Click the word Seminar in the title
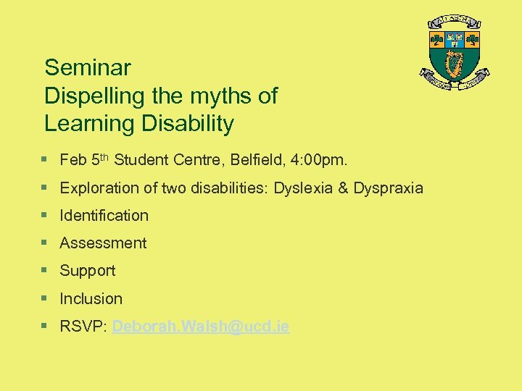(88, 68)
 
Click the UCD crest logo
(455, 55)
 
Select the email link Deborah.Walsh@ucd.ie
(201, 327)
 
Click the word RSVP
(83, 327)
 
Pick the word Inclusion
(91, 298)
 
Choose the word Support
(87, 271)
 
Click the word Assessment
(103, 243)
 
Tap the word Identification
(104, 215)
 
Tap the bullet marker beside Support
(45, 270)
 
